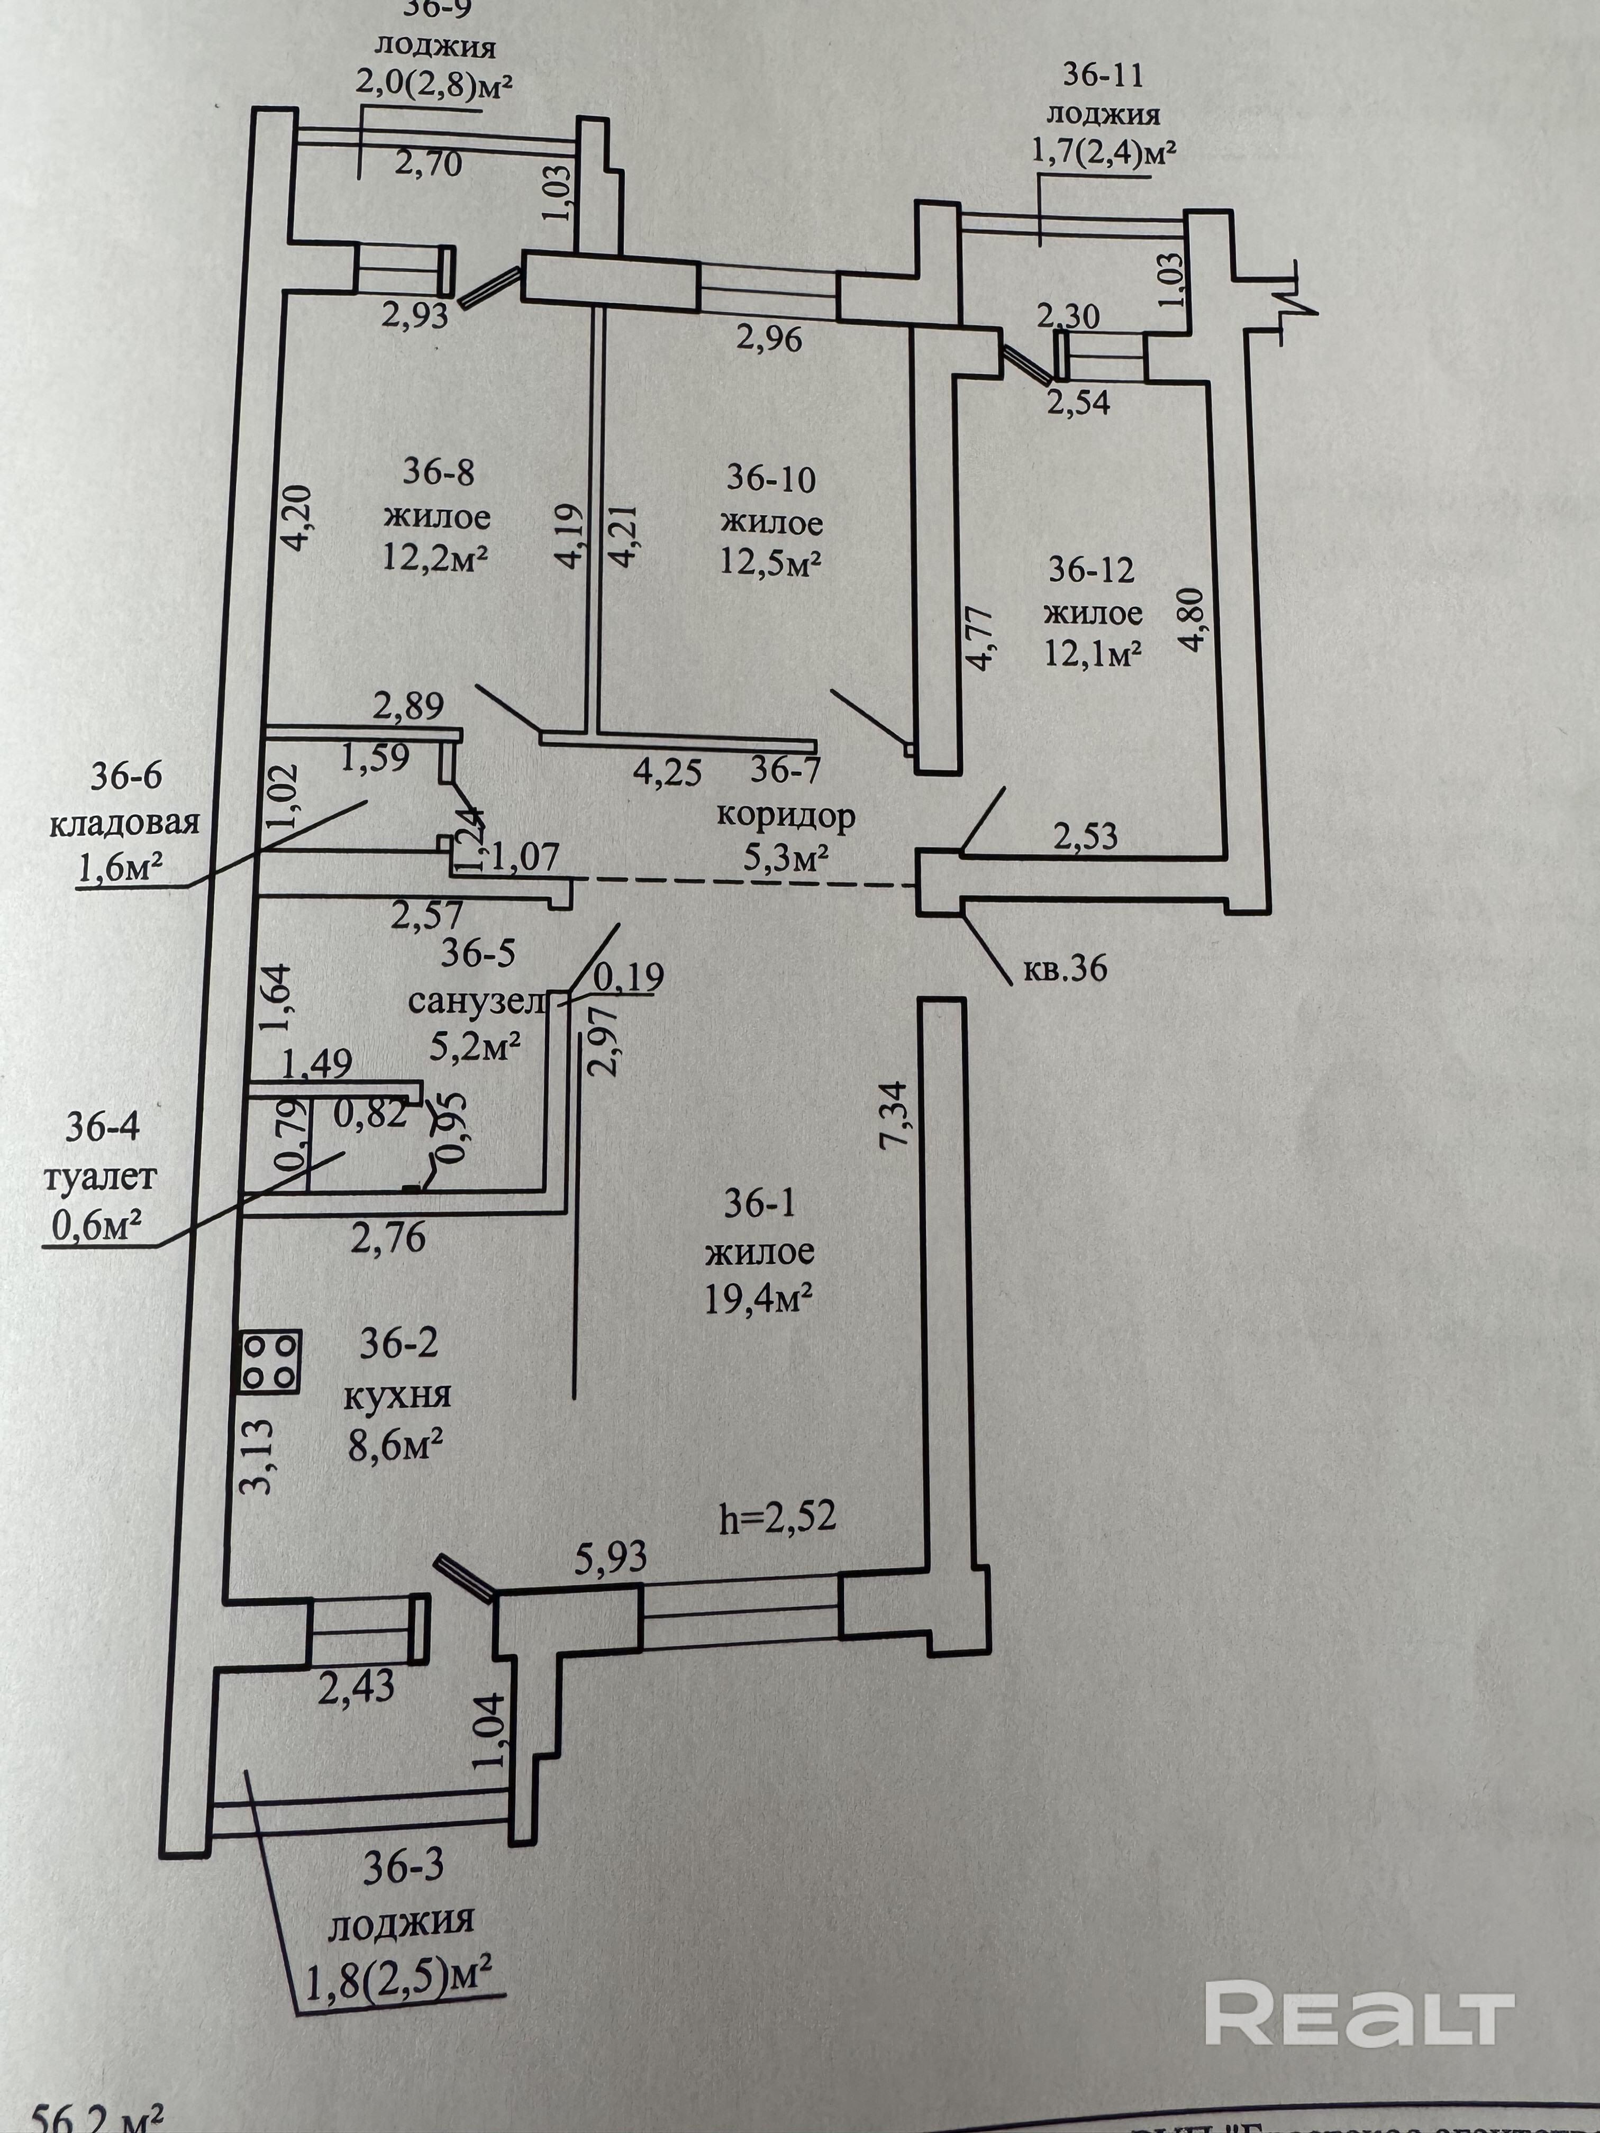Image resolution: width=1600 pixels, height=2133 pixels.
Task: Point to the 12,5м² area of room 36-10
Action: click(x=770, y=564)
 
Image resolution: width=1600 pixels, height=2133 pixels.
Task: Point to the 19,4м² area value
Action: click(x=758, y=1301)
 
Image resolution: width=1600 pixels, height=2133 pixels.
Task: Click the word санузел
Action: click(x=476, y=1002)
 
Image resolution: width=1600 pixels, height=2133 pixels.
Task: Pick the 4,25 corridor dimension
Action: click(x=667, y=772)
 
